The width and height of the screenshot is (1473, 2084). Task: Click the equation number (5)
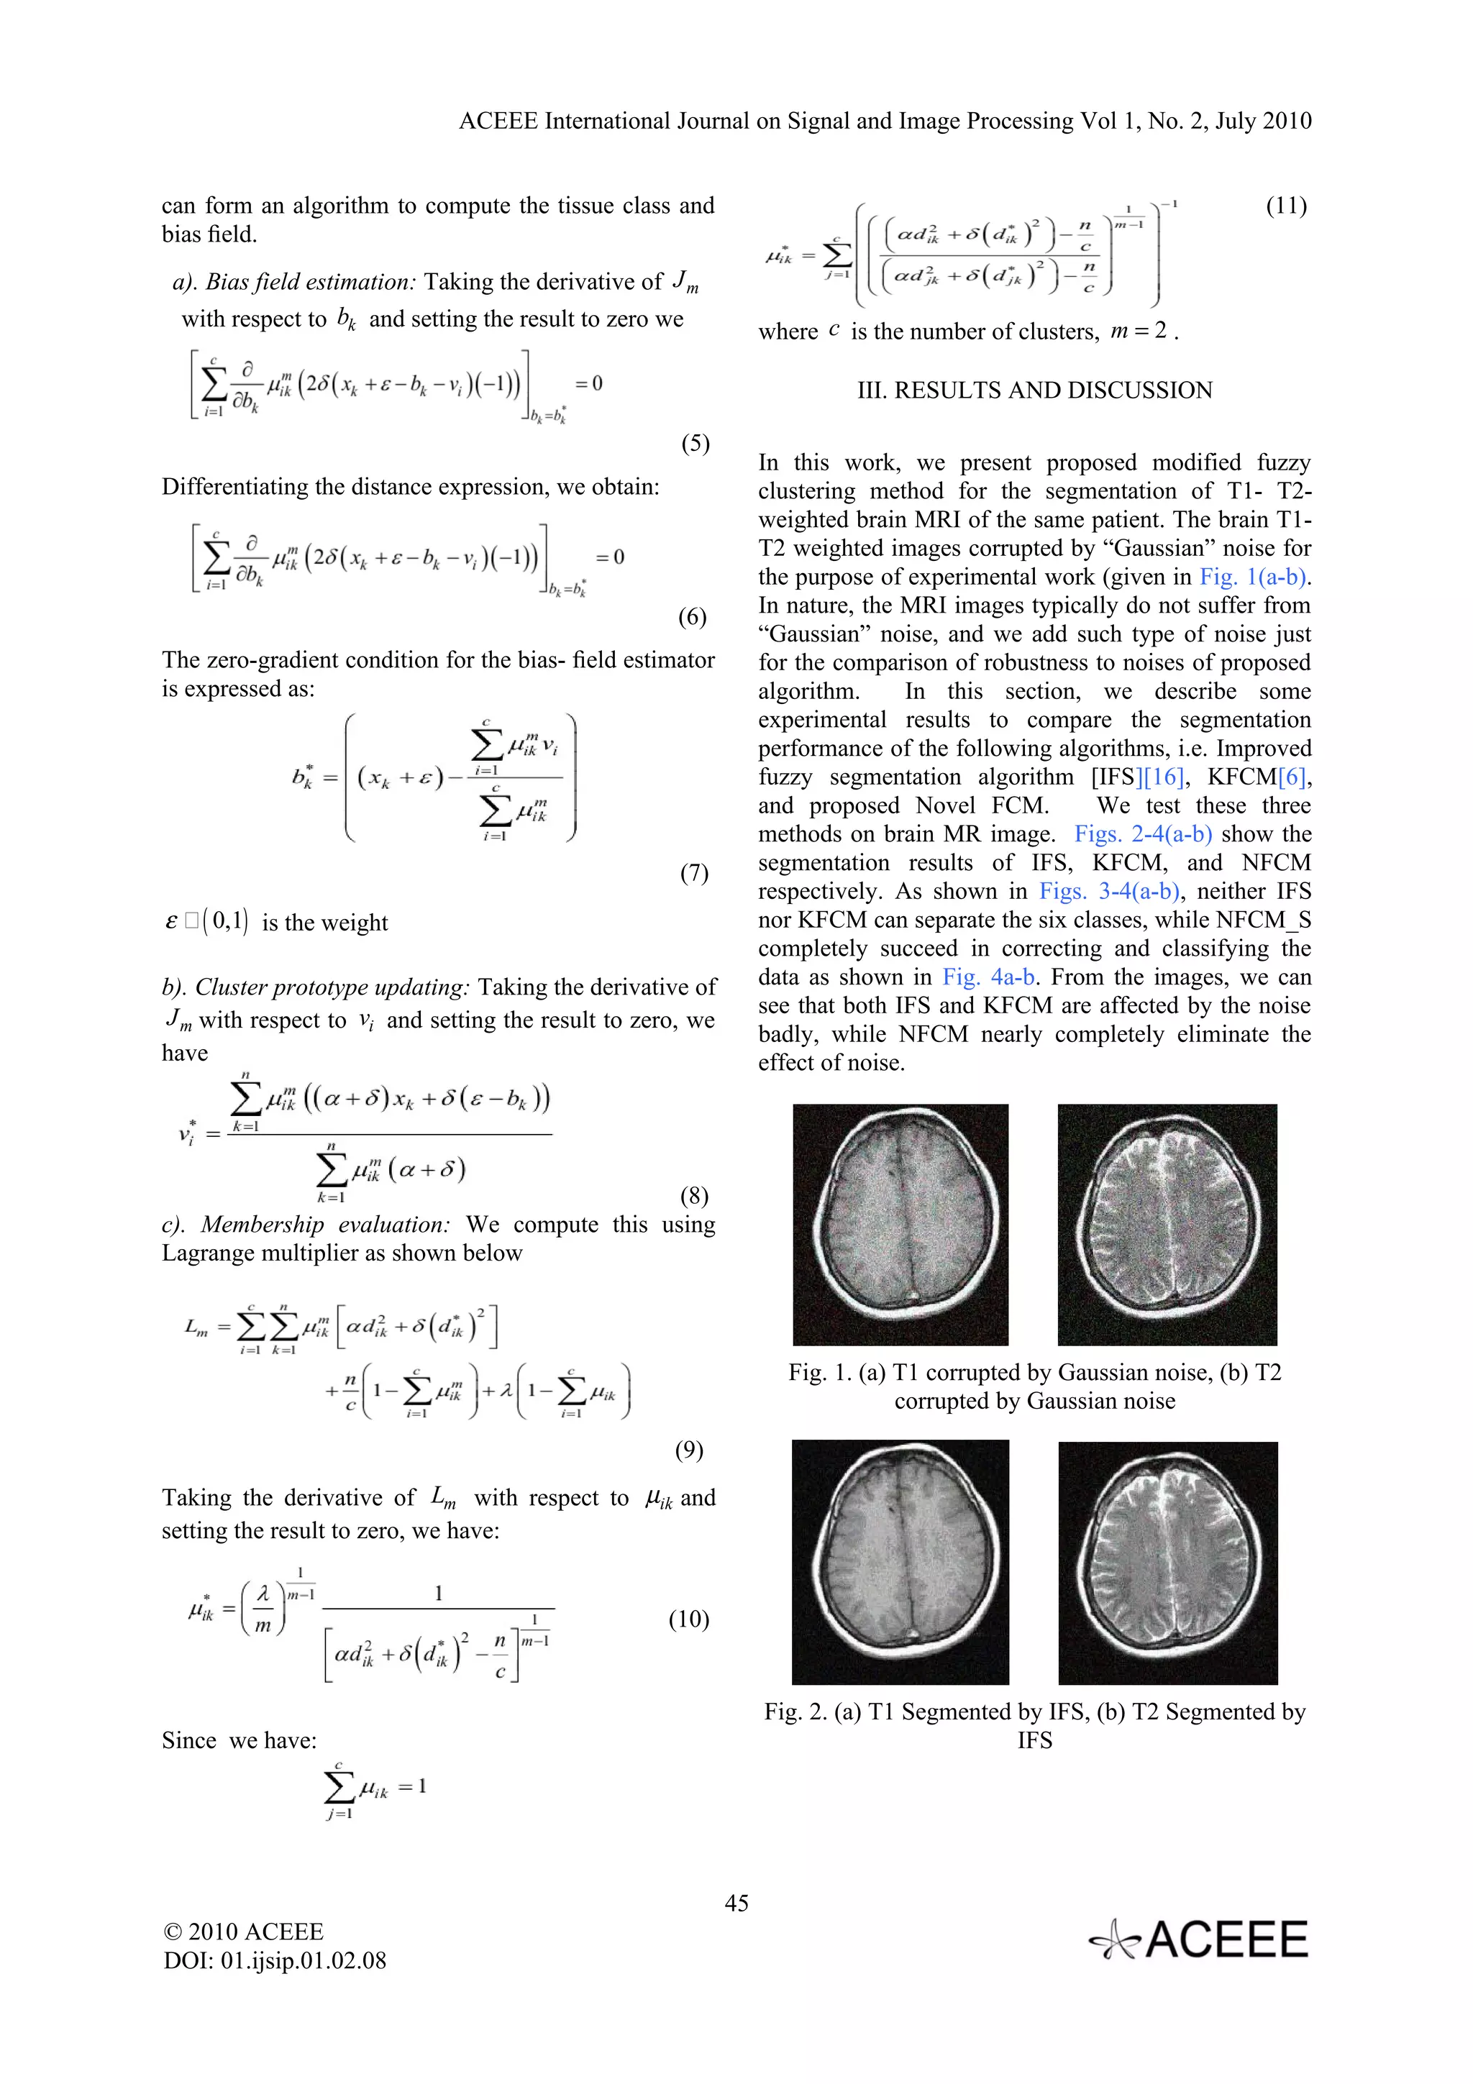(x=696, y=444)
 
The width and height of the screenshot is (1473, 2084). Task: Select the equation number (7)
(x=694, y=873)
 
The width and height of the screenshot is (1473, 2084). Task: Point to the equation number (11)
(x=1286, y=206)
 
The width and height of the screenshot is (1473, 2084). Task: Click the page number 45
(x=736, y=1904)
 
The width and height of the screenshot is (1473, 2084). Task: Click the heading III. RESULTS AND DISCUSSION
(x=1035, y=390)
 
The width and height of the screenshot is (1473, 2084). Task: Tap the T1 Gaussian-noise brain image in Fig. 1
(x=900, y=1225)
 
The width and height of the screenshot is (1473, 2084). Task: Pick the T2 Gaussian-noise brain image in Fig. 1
(x=1167, y=1225)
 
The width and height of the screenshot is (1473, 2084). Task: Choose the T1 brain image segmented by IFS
(x=900, y=1562)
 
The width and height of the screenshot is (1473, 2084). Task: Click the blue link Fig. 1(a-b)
(x=1254, y=577)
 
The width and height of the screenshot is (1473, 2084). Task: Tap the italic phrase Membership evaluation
(x=325, y=1225)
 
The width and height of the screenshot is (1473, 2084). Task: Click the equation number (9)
(x=689, y=1450)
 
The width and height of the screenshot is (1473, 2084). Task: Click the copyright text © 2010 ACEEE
(x=243, y=1932)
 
